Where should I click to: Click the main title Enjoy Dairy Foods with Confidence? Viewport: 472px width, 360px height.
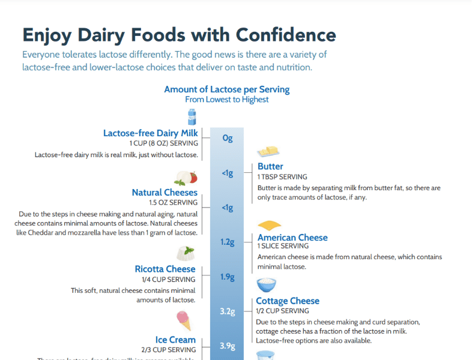179,34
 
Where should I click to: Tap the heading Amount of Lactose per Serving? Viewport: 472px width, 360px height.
227,89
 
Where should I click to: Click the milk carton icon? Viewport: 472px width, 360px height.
192,116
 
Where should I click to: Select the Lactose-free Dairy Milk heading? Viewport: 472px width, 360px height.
150,133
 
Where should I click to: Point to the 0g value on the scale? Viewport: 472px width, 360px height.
227,138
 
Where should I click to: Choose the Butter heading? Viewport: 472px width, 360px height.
270,166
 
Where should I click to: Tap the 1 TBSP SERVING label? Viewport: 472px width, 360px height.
282,177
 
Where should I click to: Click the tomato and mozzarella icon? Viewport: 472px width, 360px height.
186,178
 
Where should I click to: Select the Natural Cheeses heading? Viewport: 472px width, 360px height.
165,193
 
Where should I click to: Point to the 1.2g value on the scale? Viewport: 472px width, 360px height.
227,242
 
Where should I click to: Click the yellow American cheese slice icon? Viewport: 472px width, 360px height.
269,225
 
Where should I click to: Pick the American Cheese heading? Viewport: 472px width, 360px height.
292,238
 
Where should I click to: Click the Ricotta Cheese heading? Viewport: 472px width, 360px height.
165,269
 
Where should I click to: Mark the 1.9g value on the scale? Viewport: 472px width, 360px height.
227,277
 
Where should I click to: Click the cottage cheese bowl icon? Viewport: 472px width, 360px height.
267,284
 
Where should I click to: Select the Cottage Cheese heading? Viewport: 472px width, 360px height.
288,301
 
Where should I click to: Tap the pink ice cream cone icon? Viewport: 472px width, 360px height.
184,321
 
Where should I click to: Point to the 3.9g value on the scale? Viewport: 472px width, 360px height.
227,346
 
